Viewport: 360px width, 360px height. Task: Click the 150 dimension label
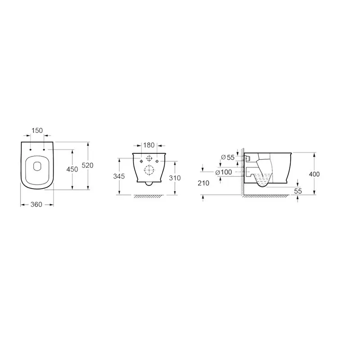[x=37, y=130]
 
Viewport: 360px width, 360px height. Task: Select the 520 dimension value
[x=87, y=165]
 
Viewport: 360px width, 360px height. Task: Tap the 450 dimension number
[x=72, y=169]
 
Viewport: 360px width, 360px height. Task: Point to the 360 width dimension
[x=36, y=204]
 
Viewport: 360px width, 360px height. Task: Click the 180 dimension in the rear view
[x=149, y=145]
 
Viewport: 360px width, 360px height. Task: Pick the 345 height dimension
[x=119, y=176]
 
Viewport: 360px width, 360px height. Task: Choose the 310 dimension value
[x=175, y=178]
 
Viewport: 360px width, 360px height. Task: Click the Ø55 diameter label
[x=228, y=157]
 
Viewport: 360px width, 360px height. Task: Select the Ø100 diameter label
[x=224, y=172]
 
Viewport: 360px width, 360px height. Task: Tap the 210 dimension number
[x=203, y=183]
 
